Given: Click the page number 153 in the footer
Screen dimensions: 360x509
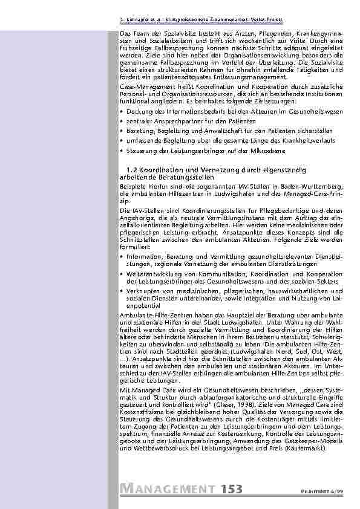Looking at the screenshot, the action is click(x=234, y=489).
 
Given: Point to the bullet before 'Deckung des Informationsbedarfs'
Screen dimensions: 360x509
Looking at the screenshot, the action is click(x=122, y=113).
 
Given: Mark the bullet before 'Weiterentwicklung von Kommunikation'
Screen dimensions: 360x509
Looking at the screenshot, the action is click(x=122, y=274).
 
